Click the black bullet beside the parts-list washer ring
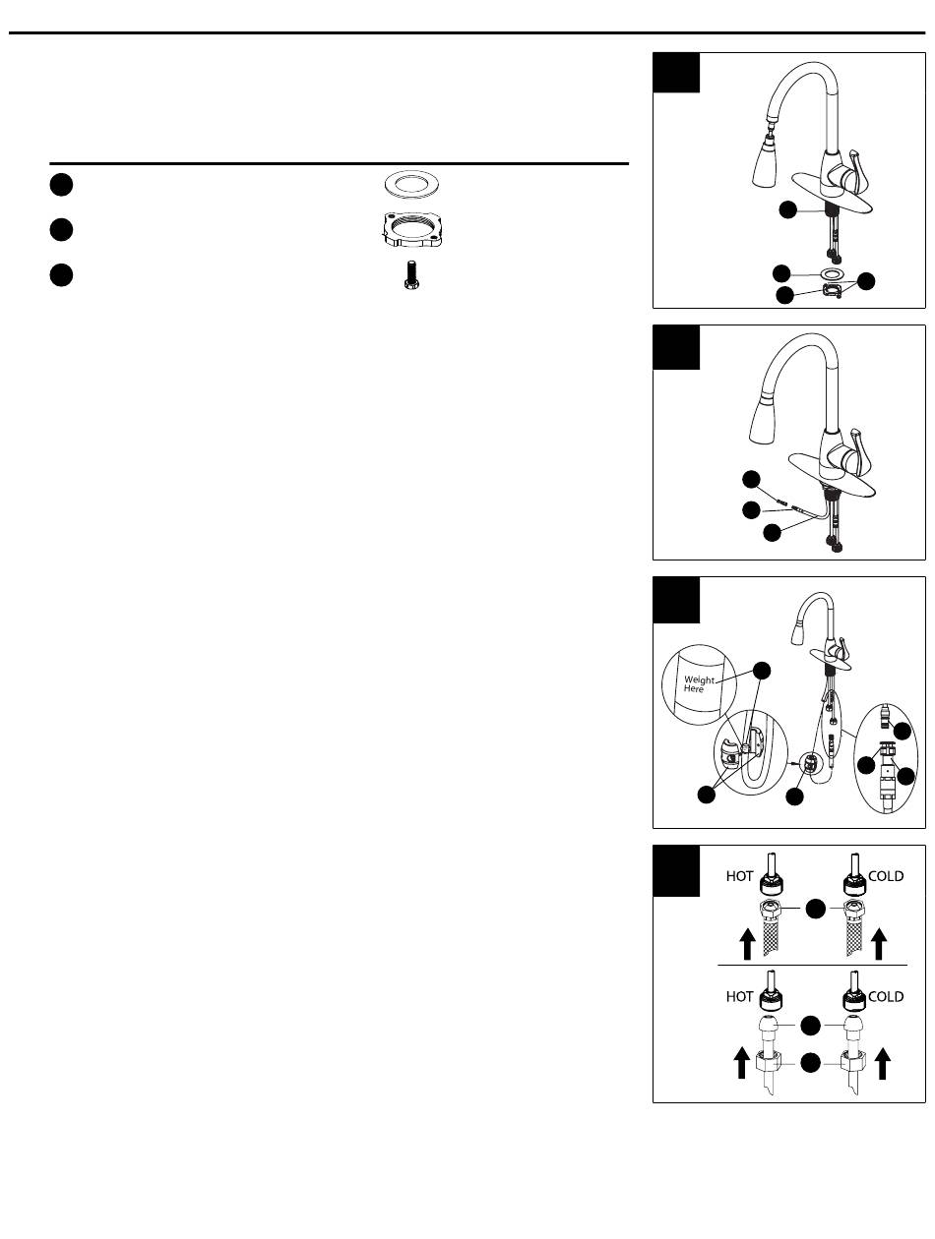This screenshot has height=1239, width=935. [61, 184]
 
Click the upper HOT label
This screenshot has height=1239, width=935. [739, 877]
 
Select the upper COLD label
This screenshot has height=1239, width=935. [886, 877]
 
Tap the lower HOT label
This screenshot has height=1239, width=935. [739, 996]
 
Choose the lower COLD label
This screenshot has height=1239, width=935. [886, 996]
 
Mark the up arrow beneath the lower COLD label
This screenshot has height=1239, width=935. [882, 1065]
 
